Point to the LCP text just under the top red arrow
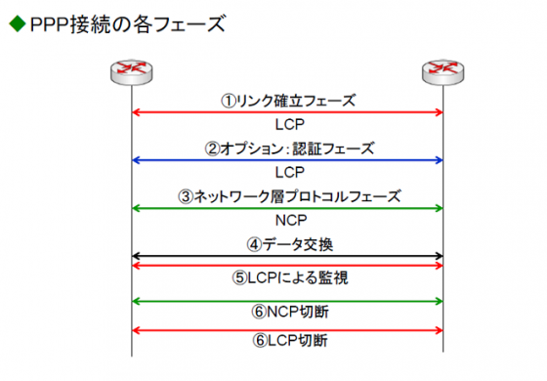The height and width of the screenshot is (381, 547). point(287,125)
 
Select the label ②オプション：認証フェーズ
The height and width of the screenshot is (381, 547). point(287,148)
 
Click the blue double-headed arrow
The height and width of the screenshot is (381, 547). point(287,160)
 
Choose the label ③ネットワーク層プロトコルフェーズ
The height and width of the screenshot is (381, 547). point(287,195)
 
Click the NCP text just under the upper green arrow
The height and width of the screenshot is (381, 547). point(287,220)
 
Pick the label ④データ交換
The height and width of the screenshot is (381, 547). point(287,243)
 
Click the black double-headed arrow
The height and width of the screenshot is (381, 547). point(287,256)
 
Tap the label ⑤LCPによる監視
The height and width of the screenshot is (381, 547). point(287,278)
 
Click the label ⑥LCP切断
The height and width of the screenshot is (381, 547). point(287,343)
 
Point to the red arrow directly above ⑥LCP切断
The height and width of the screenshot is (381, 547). point(287,329)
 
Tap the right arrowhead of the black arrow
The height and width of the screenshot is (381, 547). point(439,256)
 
